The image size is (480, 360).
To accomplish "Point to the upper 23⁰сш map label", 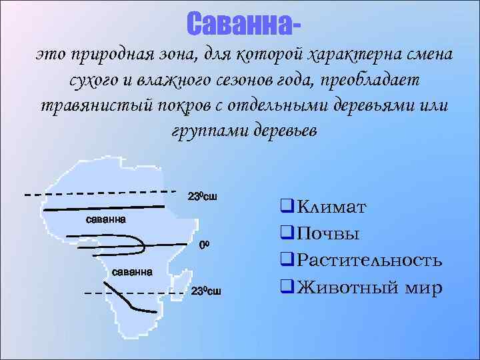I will coord(203,197).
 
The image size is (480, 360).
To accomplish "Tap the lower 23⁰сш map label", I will coord(206,292).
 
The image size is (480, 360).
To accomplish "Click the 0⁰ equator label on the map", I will coord(205,245).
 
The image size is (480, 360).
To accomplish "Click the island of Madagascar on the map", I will coord(177,281).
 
